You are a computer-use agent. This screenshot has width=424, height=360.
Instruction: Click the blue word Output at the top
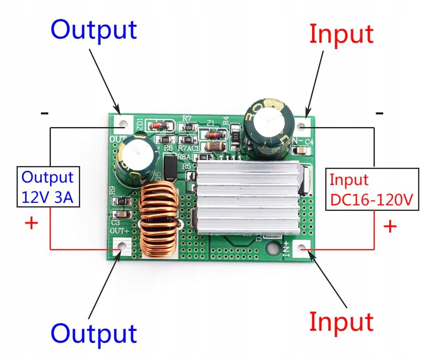click(x=94, y=30)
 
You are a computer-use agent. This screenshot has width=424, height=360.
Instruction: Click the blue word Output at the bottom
click(x=94, y=333)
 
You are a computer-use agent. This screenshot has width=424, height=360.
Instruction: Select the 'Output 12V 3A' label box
click(x=47, y=186)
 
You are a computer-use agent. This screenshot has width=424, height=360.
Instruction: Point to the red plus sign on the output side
click(x=31, y=223)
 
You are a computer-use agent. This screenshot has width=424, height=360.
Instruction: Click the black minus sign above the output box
click(x=44, y=113)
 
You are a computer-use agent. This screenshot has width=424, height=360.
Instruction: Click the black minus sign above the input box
click(x=379, y=113)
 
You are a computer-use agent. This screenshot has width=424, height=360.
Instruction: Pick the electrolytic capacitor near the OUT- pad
click(x=135, y=159)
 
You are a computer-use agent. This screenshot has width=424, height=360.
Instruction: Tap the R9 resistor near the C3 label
click(x=122, y=201)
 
